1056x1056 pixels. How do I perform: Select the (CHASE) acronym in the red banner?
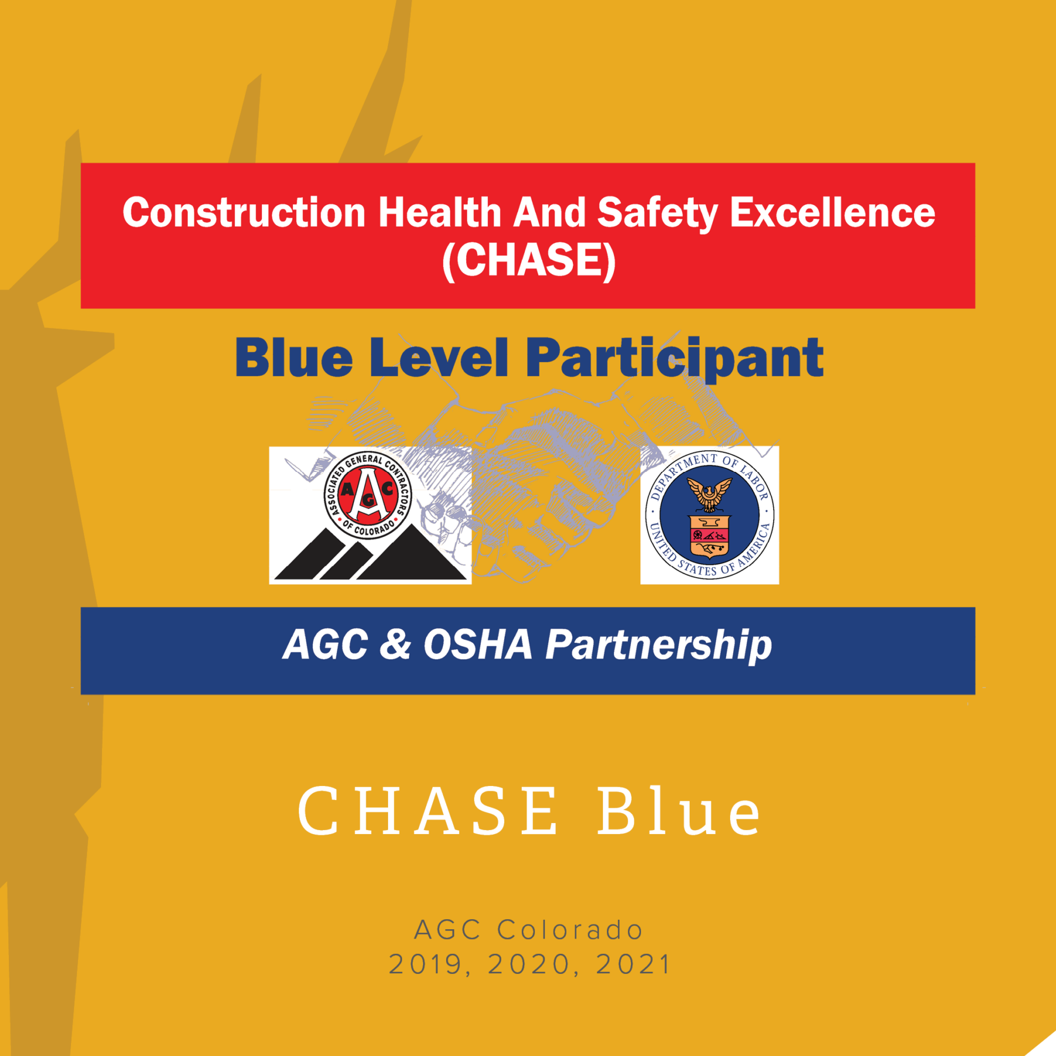(x=529, y=261)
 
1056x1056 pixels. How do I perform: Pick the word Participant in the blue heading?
(x=674, y=359)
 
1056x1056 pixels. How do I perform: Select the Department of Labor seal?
(x=710, y=515)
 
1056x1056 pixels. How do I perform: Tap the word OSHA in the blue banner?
(x=478, y=644)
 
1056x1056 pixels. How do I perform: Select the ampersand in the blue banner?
(x=395, y=644)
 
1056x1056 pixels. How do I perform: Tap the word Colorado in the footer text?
(x=571, y=930)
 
